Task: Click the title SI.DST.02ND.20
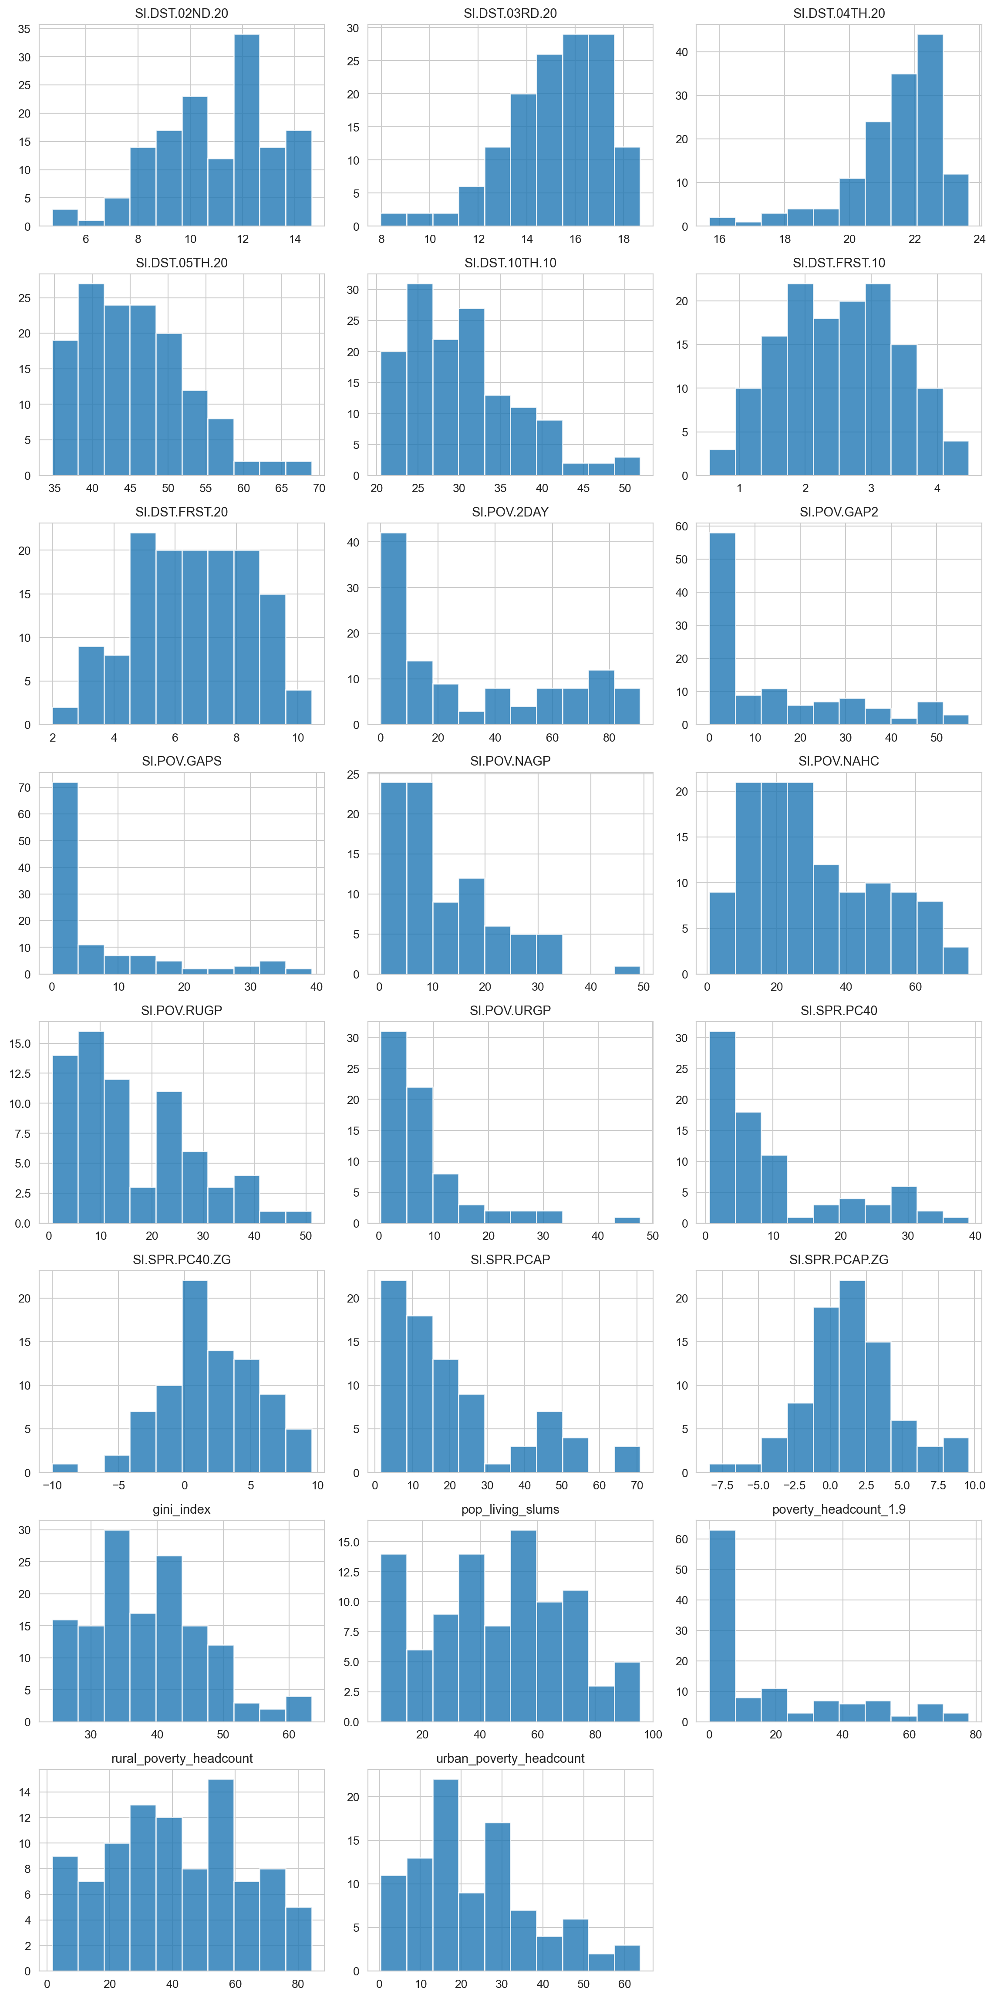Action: tap(182, 13)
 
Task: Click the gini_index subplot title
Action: tap(182, 1509)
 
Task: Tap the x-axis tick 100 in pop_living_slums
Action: tap(652, 1734)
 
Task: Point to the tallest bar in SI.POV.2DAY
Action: tap(393, 628)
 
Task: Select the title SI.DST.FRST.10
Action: tap(838, 263)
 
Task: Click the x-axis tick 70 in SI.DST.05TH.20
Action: tap(319, 488)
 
